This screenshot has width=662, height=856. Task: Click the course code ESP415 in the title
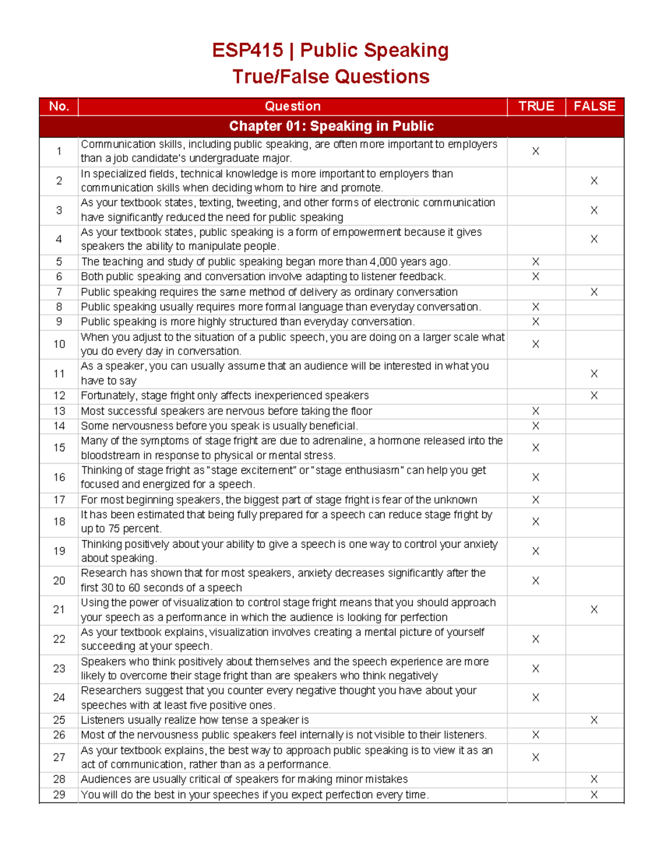point(248,50)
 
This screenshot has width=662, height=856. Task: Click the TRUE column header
point(536,106)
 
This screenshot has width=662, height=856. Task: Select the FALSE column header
point(594,106)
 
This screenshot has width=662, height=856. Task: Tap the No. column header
point(59,106)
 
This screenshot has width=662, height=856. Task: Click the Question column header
point(292,106)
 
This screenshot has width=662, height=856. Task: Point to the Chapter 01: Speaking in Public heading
point(331,126)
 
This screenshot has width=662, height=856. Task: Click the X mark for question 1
point(536,152)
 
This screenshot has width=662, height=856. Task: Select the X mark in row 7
point(594,292)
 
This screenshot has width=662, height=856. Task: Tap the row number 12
point(59,396)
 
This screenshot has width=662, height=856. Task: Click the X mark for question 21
point(594,610)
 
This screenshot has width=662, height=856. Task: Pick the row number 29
point(59,795)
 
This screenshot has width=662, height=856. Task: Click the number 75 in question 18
point(114,529)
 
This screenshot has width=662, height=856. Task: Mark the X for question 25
point(594,720)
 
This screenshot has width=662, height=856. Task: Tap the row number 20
point(59,580)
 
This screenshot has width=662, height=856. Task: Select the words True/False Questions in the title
point(330,77)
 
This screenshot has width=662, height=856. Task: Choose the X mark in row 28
point(594,779)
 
